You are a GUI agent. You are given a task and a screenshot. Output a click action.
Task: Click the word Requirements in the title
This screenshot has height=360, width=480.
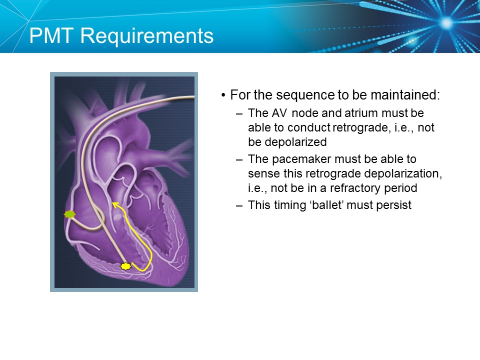(x=151, y=36)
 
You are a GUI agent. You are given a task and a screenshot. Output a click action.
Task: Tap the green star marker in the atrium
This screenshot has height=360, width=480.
(x=69, y=214)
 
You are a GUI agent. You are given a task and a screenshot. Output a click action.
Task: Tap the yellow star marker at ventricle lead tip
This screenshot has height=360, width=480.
(x=125, y=266)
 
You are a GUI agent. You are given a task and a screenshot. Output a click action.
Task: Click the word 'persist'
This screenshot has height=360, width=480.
(x=395, y=205)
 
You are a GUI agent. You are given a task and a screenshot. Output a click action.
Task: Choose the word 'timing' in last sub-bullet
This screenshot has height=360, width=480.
(x=284, y=205)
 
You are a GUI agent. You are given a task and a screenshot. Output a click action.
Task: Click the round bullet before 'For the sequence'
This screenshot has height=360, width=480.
(x=223, y=95)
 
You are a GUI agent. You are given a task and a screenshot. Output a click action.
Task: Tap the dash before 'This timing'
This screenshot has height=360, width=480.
(x=239, y=205)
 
